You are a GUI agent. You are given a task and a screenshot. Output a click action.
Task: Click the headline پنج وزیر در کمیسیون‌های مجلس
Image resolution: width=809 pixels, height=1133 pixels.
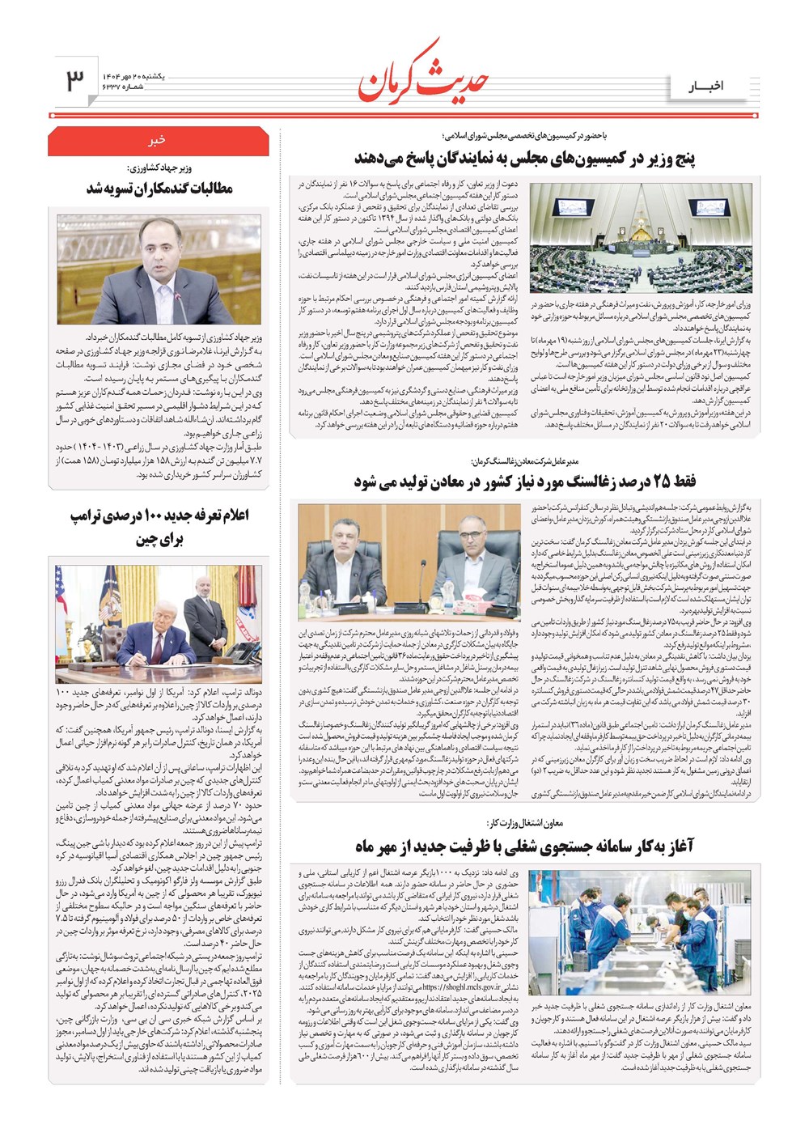pos(524,158)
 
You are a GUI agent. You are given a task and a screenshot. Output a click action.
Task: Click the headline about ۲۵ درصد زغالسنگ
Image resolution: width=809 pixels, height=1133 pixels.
pos(524,482)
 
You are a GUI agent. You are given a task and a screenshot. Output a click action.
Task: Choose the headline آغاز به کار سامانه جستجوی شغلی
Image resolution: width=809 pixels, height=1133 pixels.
pos(524,847)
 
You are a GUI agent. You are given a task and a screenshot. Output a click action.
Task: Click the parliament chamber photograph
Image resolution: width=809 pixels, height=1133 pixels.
pos(641,238)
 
